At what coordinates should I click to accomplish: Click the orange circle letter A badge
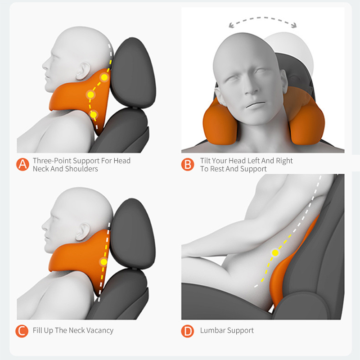23,164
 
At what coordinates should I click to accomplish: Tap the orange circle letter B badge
188,164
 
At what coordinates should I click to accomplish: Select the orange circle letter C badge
22,331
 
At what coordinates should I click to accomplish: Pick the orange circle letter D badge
188,331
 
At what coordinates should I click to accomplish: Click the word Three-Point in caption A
52,161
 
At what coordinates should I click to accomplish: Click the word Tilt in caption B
205,161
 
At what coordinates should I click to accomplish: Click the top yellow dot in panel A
104,77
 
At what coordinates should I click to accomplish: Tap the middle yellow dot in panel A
90,94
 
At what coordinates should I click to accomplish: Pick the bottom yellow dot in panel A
93,114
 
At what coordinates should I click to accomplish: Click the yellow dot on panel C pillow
104,262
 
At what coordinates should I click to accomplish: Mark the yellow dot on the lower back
275,253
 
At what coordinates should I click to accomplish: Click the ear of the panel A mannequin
83,71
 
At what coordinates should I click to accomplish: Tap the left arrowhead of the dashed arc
231,25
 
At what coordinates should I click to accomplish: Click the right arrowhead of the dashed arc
294,25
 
